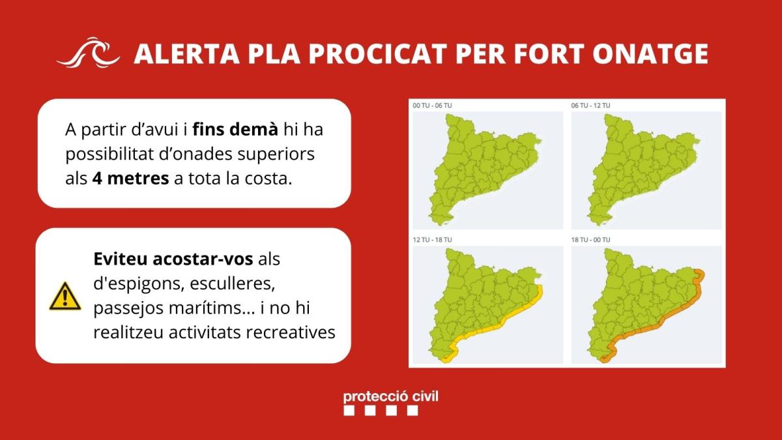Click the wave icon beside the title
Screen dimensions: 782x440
(88, 52)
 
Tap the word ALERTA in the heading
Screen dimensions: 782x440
(187, 54)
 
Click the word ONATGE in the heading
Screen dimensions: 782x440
(650, 54)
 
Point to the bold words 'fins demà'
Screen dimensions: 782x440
(235, 129)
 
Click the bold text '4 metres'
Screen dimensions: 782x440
(130, 179)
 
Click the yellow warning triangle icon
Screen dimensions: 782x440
(65, 297)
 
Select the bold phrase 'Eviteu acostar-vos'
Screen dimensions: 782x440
(173, 259)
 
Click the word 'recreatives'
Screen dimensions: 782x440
(291, 332)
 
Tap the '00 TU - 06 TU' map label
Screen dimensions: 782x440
(432, 106)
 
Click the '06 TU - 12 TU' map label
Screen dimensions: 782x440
(590, 106)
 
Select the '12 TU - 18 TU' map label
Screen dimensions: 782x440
(432, 240)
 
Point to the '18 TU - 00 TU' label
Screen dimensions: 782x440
(590, 240)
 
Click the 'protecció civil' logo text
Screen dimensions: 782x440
(390, 397)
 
